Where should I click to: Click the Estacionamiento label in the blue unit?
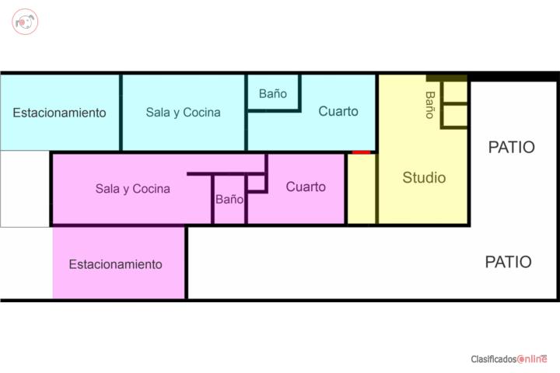tap(59, 113)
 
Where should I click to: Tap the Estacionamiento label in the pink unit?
tap(115, 264)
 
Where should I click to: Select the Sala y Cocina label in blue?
tap(184, 113)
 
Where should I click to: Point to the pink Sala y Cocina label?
tap(133, 189)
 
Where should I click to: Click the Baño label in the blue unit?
tap(273, 93)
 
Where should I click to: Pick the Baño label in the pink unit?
tap(229, 199)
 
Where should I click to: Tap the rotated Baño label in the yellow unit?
tap(430, 105)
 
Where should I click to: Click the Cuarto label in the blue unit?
tap(338, 111)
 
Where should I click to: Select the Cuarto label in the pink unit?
tap(306, 186)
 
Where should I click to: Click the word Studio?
tap(424, 178)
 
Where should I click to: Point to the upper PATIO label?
tap(512, 147)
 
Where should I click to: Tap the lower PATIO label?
tap(508, 262)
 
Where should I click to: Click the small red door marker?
tap(361, 152)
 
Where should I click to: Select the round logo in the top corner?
tap(25, 22)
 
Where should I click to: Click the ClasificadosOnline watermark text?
tap(509, 359)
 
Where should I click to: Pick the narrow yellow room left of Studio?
tap(362, 189)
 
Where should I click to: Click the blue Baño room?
tap(273, 92)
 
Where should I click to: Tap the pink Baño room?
tap(229, 199)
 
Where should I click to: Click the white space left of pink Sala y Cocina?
tap(25, 189)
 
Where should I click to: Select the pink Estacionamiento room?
tap(118, 263)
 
